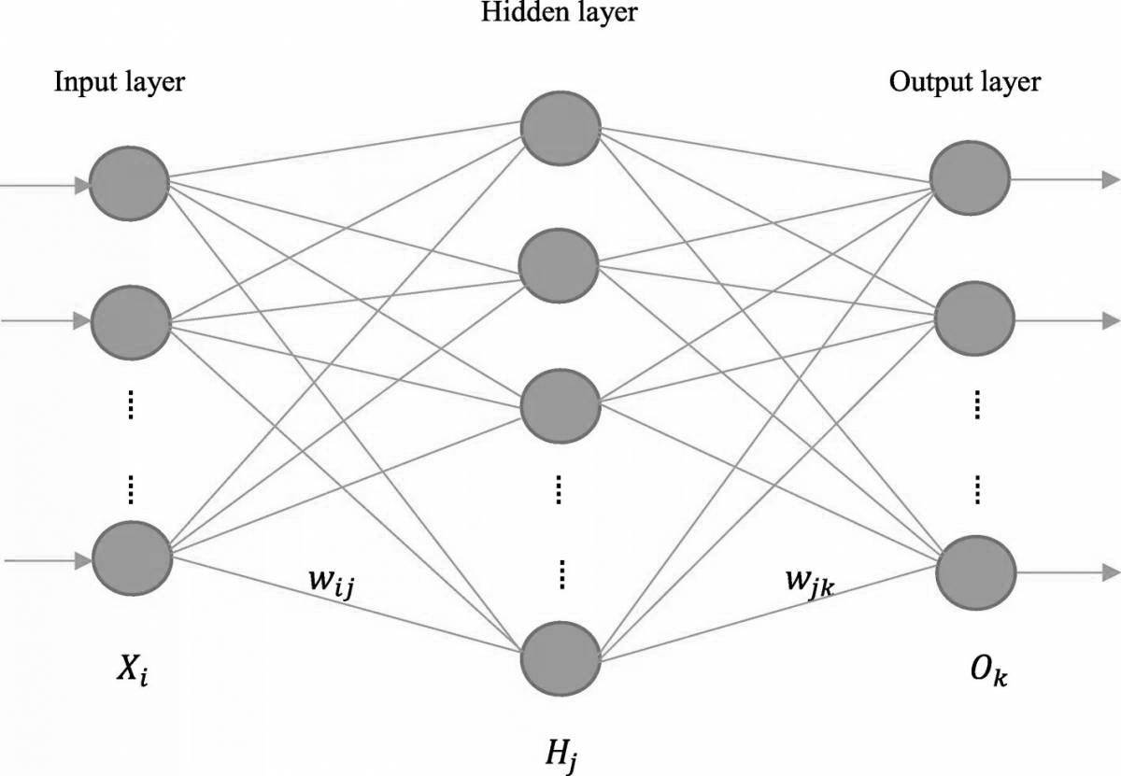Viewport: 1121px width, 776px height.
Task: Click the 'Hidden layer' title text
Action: pos(560,13)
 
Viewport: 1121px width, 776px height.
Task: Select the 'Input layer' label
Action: pos(119,82)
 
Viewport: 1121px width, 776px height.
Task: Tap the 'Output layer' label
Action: pos(964,82)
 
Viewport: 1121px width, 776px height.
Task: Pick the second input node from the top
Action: pos(131,319)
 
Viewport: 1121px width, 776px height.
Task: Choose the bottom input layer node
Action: pos(132,558)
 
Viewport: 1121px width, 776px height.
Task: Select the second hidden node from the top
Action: pos(560,265)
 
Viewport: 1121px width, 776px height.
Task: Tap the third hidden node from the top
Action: pos(560,404)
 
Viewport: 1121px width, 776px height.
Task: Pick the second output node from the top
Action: pos(973,320)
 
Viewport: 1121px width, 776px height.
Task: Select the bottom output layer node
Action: pos(975,571)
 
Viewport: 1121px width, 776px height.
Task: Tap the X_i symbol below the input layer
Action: pos(130,670)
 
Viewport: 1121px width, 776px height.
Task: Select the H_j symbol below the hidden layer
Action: pos(561,748)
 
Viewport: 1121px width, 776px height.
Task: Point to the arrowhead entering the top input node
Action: pos(82,186)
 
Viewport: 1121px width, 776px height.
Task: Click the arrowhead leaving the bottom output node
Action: pos(1110,571)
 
